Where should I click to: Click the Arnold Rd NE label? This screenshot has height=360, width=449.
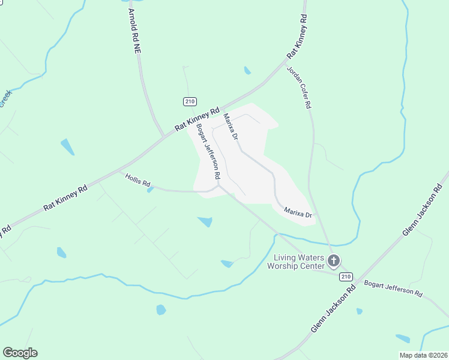click(133, 31)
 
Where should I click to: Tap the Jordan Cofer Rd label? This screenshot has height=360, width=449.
click(299, 87)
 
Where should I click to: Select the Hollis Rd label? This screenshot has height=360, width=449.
click(137, 179)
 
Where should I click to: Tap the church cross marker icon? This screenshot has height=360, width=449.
click(334, 261)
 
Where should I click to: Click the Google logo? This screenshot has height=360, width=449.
click(20, 353)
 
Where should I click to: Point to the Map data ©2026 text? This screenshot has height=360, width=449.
click(423, 355)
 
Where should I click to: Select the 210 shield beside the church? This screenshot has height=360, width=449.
click(345, 276)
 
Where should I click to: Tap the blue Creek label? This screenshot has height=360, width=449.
click(5, 98)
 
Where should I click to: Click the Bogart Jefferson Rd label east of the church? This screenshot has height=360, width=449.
click(393, 289)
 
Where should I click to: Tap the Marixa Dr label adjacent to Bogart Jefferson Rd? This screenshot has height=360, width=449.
click(231, 127)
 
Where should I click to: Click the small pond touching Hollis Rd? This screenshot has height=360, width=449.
click(149, 190)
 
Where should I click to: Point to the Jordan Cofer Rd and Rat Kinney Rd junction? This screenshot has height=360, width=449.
click(286, 62)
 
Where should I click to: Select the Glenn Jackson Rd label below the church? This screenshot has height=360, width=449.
click(333, 309)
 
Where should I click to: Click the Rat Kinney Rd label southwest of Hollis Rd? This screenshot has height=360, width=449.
click(65, 198)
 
